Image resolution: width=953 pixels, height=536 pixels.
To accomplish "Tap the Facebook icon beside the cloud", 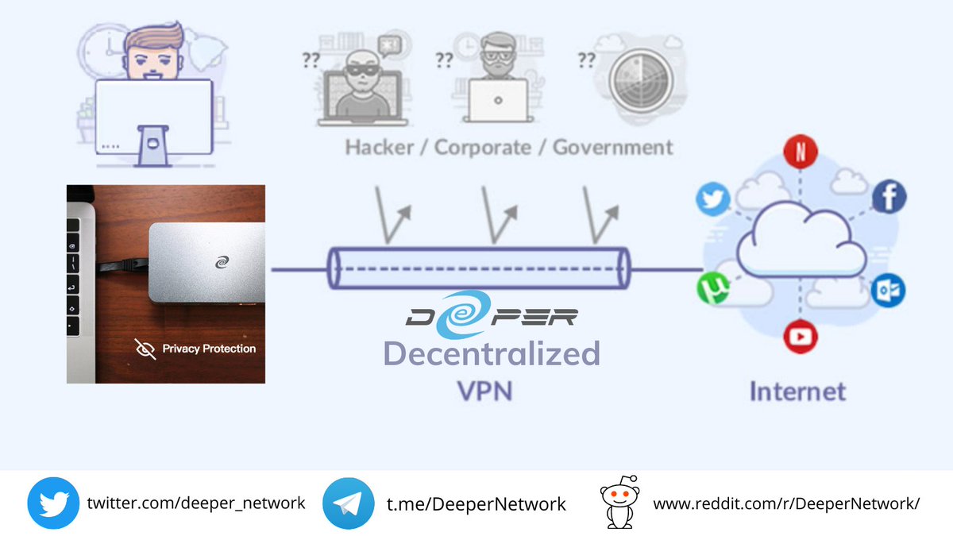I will pos(889,197).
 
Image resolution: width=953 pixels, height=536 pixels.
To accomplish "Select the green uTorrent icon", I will pos(713,288).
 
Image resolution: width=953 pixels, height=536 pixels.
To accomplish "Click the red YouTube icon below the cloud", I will pos(801,336).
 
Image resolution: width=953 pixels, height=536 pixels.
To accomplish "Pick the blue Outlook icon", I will pos(886,291).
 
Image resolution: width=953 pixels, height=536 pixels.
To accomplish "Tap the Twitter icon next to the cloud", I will pos(712,199).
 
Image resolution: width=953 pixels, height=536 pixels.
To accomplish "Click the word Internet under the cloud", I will pos(798,391).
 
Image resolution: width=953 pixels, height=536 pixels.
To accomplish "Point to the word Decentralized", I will pos(492,353).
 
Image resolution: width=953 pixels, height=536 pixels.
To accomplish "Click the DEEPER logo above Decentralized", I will pos(492,317).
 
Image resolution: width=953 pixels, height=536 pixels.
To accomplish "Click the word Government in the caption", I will pos(612,147).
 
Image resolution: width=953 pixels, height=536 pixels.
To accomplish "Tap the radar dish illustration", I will pos(639,84).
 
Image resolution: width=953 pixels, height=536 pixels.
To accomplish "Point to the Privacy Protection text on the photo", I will pos(209,349).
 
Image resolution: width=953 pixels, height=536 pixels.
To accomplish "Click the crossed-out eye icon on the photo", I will pos(145,349).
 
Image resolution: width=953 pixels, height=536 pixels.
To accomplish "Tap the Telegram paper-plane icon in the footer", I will pos(348,503).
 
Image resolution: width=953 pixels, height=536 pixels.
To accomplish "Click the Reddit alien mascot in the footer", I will pos(620,503).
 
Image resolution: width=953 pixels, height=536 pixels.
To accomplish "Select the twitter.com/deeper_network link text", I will pos(195,503).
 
